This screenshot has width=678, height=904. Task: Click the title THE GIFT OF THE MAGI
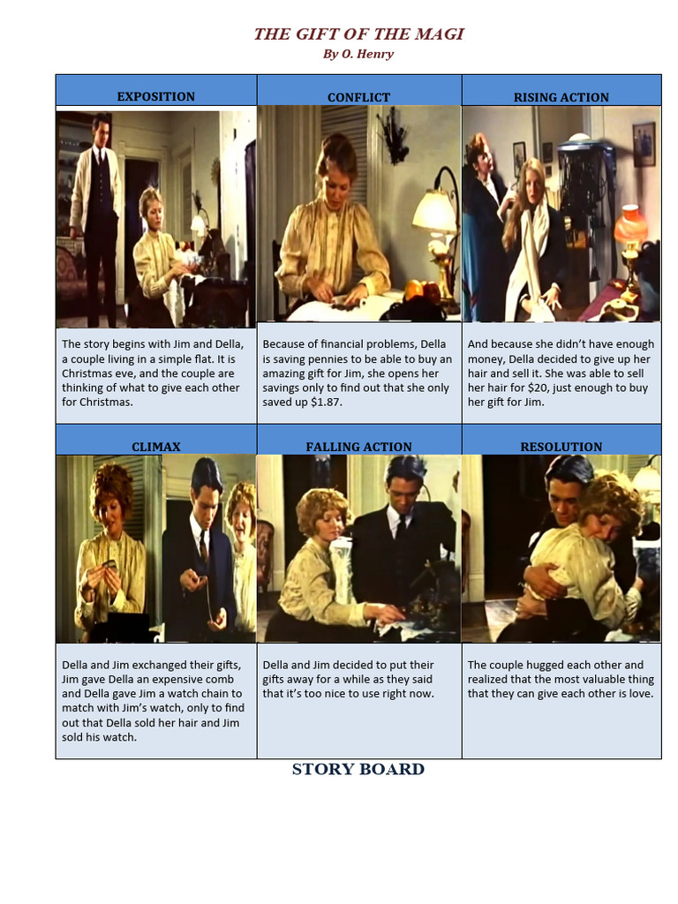[358, 34]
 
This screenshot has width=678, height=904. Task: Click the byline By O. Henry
[358, 55]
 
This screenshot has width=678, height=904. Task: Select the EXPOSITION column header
[156, 96]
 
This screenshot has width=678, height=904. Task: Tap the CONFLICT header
[358, 97]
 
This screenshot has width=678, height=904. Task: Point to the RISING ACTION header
[561, 97]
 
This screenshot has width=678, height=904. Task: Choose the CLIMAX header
[156, 447]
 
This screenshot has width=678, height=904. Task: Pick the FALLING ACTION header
[358, 447]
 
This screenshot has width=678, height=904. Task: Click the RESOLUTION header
[561, 447]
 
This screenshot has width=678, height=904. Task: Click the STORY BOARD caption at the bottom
[358, 769]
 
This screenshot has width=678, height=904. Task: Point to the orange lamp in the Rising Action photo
[631, 229]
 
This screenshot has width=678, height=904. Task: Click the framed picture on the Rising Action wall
[644, 144]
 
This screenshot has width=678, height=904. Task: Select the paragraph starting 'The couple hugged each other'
[561, 679]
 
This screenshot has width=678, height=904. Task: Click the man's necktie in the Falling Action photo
[401, 526]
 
